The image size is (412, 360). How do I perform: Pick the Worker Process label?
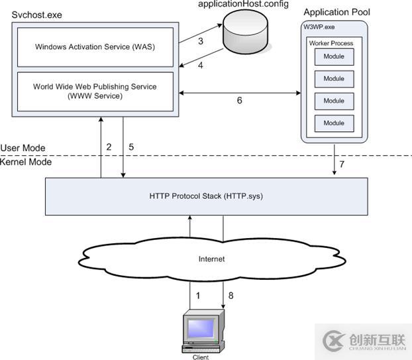click(x=331, y=43)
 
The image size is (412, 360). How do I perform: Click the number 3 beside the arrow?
click(x=200, y=41)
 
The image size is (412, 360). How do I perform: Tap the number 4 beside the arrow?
click(x=200, y=65)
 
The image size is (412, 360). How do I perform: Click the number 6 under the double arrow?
click(x=239, y=101)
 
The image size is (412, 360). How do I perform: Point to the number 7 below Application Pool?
click(x=342, y=164)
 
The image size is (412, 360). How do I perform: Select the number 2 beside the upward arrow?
click(x=109, y=147)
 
